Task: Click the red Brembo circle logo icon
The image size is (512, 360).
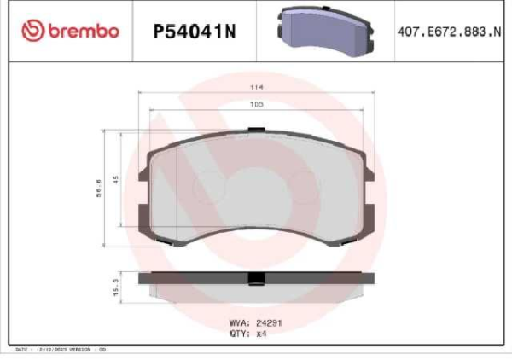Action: point(32,32)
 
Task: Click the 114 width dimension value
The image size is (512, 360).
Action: point(255,87)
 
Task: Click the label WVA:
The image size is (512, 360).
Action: point(240,323)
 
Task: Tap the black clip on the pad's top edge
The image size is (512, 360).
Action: point(255,131)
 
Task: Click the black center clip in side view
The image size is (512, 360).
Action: point(255,280)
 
